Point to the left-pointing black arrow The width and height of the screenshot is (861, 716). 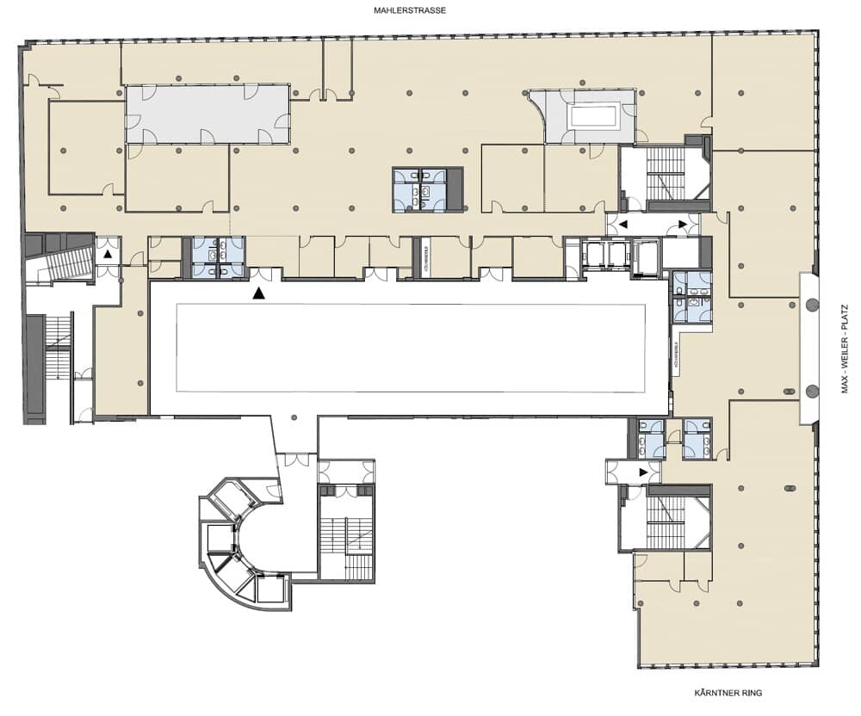pyautogui.click(x=624, y=224)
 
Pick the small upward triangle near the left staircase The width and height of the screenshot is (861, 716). pyautogui.click(x=108, y=255)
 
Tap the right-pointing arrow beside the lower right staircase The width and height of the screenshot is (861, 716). pyautogui.click(x=642, y=472)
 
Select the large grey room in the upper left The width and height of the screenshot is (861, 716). pyautogui.click(x=207, y=114)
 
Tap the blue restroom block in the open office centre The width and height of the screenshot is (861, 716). pyautogui.click(x=422, y=188)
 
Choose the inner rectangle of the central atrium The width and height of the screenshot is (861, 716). pyautogui.click(x=411, y=348)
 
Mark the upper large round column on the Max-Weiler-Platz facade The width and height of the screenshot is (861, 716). pyautogui.click(x=811, y=304)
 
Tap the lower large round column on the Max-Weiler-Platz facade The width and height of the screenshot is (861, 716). pyautogui.click(x=811, y=391)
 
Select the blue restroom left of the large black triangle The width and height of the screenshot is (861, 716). pyautogui.click(x=218, y=258)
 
